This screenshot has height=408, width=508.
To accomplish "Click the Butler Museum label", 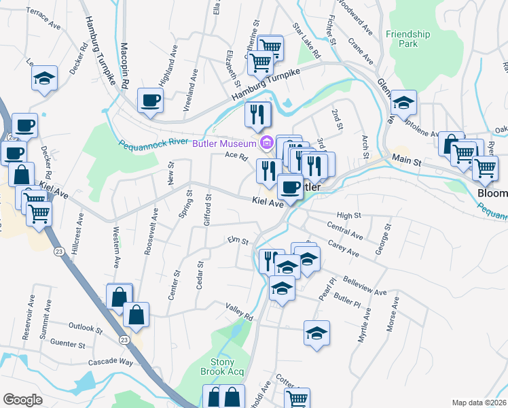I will click(x=223, y=143).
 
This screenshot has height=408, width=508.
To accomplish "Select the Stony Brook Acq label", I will click(x=222, y=367).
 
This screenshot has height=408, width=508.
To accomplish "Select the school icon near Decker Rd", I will click(x=44, y=78).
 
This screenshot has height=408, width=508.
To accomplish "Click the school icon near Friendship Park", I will click(x=403, y=103).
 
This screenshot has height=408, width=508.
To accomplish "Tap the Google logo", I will click(x=23, y=399).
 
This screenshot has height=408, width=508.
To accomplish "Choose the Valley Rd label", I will click(x=239, y=313).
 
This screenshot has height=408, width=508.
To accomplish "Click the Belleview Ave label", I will click(x=365, y=286).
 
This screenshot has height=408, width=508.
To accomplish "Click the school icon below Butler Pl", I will click(x=316, y=333).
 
